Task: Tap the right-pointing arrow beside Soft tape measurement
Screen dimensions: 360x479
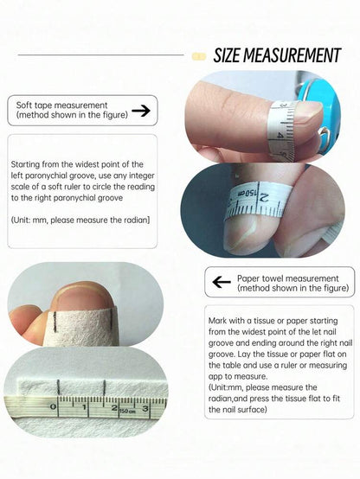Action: click(141, 111)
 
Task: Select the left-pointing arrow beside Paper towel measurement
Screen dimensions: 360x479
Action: click(222, 282)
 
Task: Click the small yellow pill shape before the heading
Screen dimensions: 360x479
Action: click(199, 56)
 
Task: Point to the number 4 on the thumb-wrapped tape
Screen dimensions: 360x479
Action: click(280, 134)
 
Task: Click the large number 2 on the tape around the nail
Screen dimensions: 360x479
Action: click(263, 198)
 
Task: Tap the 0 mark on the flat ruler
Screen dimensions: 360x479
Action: click(53, 406)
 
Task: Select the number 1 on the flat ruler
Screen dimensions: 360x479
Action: click(84, 407)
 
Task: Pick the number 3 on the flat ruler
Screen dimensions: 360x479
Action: click(145, 408)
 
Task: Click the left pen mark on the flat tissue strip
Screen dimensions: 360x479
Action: click(58, 386)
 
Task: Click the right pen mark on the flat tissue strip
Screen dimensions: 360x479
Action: click(105, 387)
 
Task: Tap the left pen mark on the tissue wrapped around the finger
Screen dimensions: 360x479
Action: click(55, 322)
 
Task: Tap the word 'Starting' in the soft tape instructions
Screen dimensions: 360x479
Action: click(25, 164)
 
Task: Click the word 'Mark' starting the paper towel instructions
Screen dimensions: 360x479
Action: click(217, 321)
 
